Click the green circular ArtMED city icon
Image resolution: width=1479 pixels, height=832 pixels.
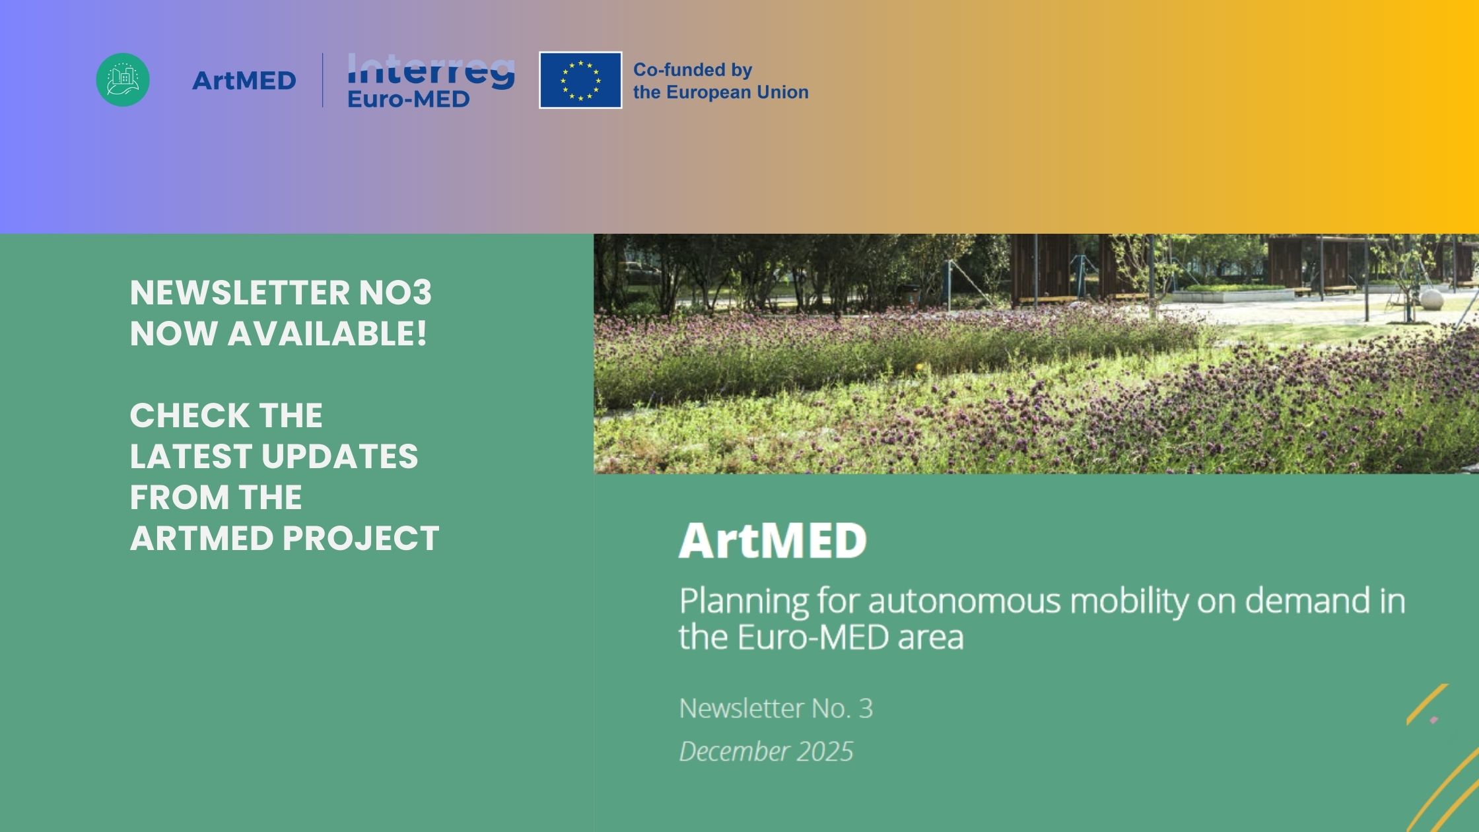[123, 80]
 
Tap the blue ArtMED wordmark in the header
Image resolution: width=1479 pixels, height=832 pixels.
[244, 81]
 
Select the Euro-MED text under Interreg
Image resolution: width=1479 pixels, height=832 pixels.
[408, 99]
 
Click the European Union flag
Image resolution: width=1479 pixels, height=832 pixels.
[580, 80]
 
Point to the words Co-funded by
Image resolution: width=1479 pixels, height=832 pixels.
[693, 70]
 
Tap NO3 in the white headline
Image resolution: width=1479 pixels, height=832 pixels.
[395, 293]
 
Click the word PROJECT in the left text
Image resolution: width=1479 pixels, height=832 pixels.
[361, 538]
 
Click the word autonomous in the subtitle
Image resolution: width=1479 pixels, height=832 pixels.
[963, 601]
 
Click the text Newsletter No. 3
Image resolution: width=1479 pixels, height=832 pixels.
[776, 709]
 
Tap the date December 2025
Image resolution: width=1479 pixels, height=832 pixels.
[766, 751]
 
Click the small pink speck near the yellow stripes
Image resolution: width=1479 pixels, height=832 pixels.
[1433, 720]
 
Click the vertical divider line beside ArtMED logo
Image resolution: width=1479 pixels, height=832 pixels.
[323, 80]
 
